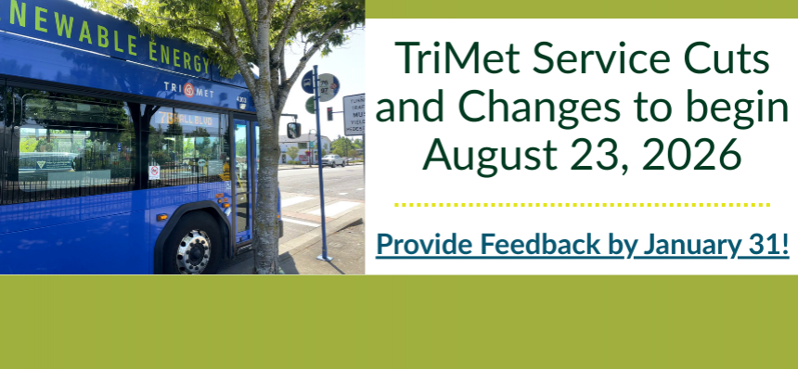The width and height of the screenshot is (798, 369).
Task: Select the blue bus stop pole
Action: (320, 185)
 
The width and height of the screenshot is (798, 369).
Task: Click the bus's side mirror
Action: (293, 130)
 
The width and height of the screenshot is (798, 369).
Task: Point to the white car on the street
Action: (331, 160)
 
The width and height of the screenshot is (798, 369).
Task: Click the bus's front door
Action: (241, 181)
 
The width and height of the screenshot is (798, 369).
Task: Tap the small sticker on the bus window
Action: (154, 172)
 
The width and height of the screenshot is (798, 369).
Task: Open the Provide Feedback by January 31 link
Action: (583, 245)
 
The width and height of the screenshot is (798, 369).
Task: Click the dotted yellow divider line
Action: (582, 204)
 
